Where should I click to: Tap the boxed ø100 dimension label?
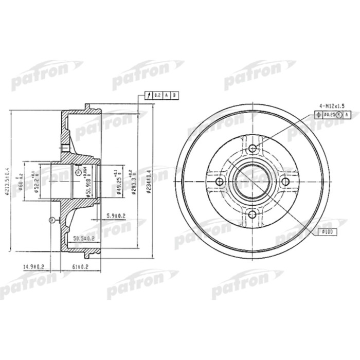coord(327,231)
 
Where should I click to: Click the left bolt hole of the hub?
coord(220,182)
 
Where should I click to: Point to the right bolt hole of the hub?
coord(284,182)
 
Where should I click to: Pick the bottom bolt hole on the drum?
coord(252,214)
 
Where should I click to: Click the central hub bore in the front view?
coord(252,182)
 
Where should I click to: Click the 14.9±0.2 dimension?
coord(34,266)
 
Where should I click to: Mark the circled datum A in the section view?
coord(78,172)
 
